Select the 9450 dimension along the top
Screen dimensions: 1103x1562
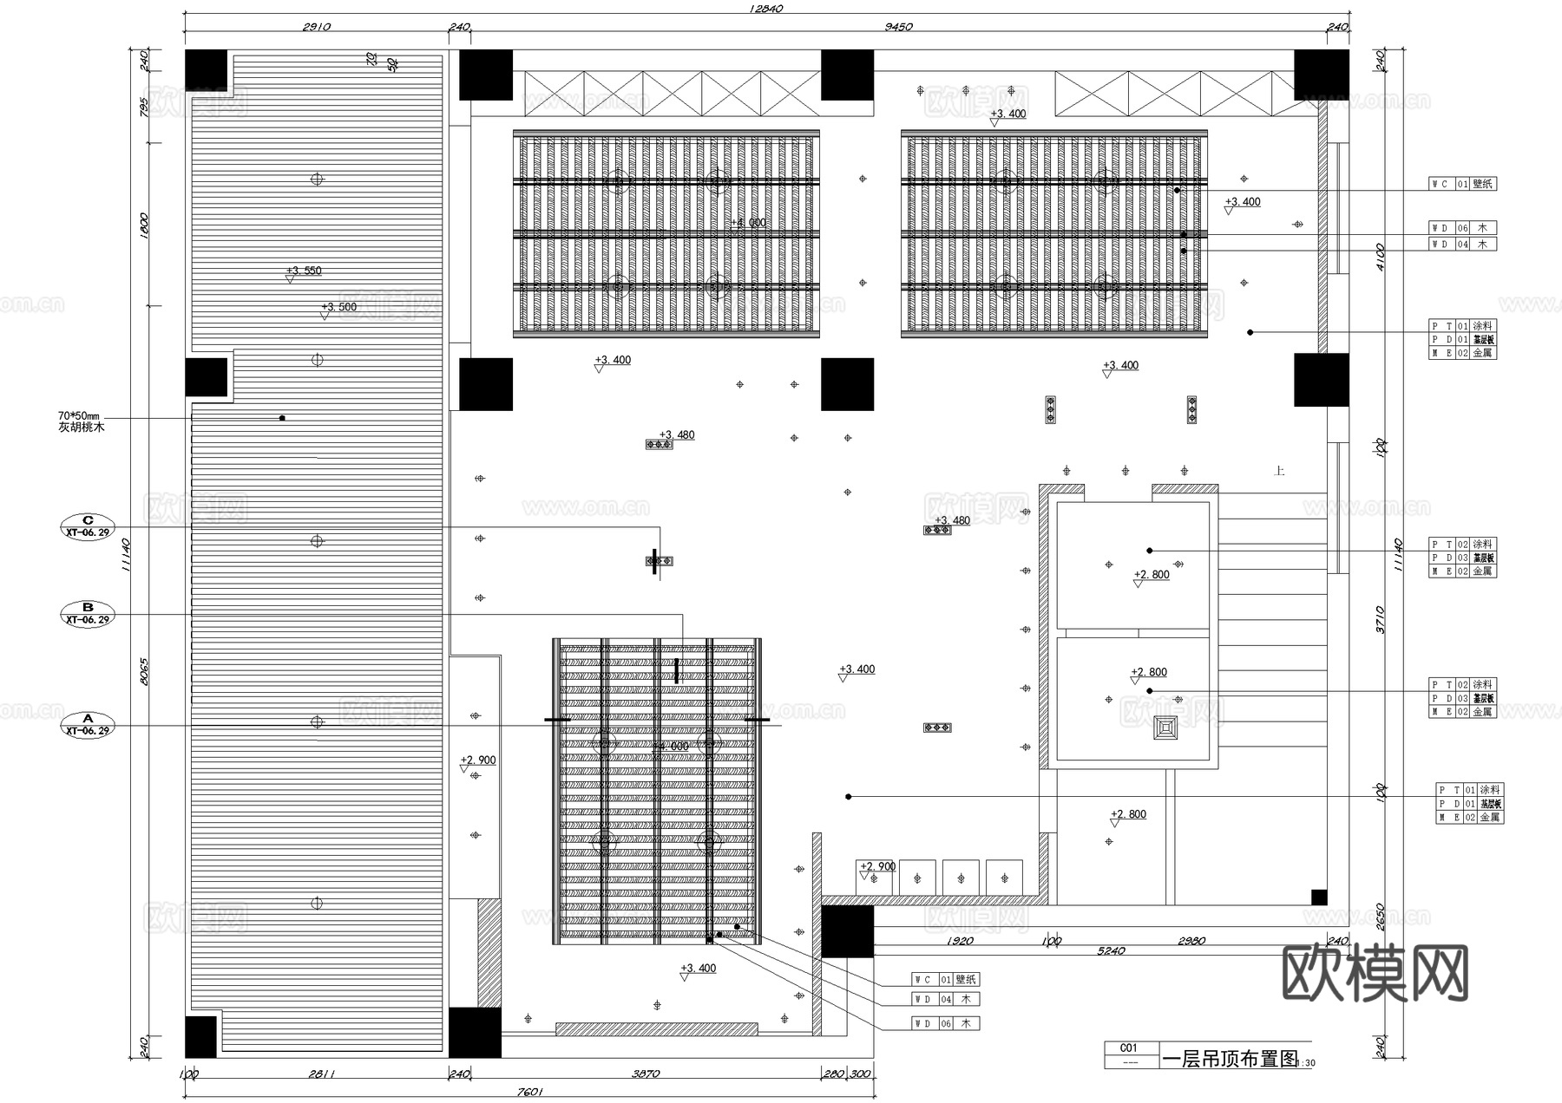click(898, 27)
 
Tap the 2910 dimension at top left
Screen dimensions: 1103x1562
click(316, 27)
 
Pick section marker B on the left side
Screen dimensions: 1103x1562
click(88, 613)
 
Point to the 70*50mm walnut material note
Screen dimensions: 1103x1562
click(81, 422)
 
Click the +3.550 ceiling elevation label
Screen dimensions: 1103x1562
click(304, 271)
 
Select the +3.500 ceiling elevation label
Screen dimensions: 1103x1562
click(338, 307)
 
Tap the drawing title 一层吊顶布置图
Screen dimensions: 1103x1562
click(1230, 1059)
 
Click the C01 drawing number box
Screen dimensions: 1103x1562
click(1128, 1048)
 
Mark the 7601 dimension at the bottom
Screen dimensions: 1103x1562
click(528, 1092)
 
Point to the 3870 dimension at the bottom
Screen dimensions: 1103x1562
click(645, 1074)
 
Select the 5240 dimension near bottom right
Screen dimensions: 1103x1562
click(1111, 951)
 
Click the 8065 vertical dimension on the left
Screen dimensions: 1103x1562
click(144, 671)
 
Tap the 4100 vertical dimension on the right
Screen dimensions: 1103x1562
click(1381, 256)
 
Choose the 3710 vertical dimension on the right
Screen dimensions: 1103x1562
click(1381, 619)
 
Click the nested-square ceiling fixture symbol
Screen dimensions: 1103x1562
click(1166, 728)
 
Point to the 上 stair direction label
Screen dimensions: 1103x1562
click(1278, 471)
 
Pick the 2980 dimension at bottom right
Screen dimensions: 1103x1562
click(1191, 941)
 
